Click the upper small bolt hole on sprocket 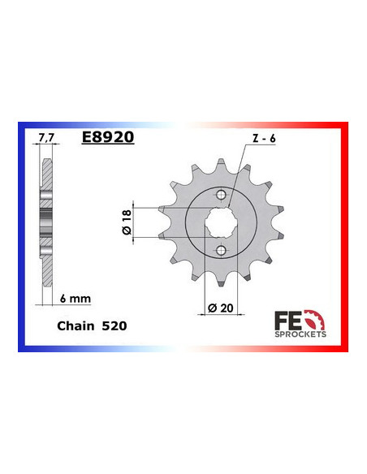[222, 195]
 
